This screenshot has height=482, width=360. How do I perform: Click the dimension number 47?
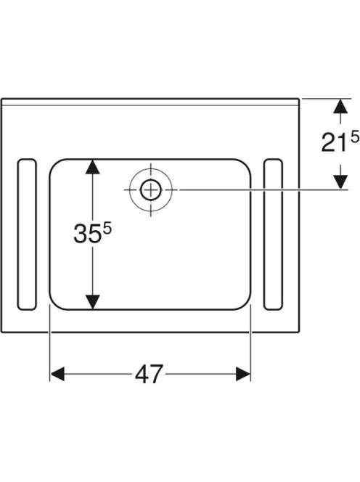click(149, 374)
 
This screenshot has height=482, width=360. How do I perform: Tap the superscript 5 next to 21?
click(354, 136)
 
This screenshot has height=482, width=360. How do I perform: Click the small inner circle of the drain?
click(151, 190)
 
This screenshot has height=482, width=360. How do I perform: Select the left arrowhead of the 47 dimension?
click(57, 374)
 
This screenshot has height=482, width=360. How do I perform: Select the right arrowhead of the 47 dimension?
click(243, 374)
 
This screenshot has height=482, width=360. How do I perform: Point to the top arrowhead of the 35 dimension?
click(92, 167)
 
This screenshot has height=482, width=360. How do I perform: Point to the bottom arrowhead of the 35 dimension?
click(92, 302)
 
